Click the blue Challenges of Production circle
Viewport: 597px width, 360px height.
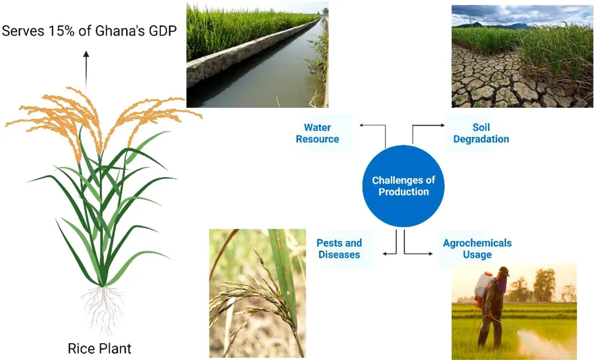point(403,186)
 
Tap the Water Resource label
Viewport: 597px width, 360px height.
point(317,133)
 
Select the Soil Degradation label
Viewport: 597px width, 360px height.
point(481,133)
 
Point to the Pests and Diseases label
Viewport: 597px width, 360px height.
point(339,249)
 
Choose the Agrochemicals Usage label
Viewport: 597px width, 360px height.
point(477,249)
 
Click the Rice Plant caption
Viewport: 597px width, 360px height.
point(99,348)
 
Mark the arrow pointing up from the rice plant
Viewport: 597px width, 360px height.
point(86,72)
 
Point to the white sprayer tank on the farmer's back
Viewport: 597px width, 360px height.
point(483,285)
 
